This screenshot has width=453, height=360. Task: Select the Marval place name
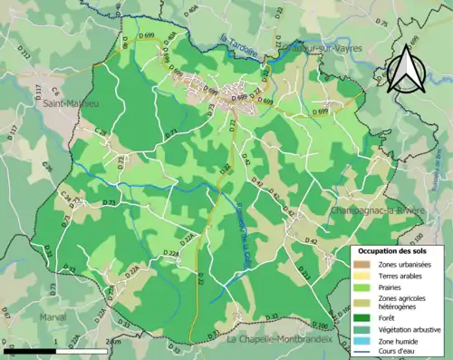[x=54, y=317]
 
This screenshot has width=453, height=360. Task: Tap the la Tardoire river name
[x=239, y=39]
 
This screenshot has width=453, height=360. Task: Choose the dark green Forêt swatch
[x=361, y=317]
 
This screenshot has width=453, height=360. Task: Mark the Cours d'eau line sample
[x=361, y=349]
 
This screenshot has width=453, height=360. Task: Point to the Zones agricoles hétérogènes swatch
[x=361, y=302]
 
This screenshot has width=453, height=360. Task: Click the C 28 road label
[x=101, y=132]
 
